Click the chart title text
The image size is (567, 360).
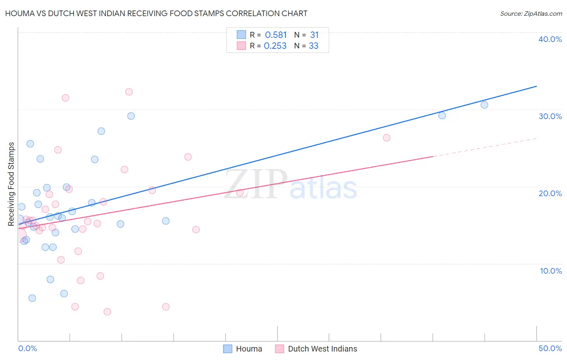pyautogui.click(x=156, y=14)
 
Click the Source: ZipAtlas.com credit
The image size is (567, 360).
pyautogui.click(x=531, y=14)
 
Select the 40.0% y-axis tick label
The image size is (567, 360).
pyautogui.click(x=550, y=39)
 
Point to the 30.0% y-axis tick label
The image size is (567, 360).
pyautogui.click(x=550, y=116)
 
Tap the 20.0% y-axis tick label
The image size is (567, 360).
pyautogui.click(x=550, y=193)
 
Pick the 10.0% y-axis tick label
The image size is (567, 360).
pyautogui.click(x=551, y=271)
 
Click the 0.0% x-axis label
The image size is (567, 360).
pyautogui.click(x=27, y=348)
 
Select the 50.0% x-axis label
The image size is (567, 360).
pyautogui.click(x=550, y=348)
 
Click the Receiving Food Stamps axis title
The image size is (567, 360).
pyautogui.click(x=11, y=184)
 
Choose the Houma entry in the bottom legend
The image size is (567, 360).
pyautogui.click(x=243, y=349)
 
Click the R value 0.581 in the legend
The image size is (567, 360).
pyautogui.click(x=276, y=35)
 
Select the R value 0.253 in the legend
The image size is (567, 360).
pyautogui.click(x=275, y=46)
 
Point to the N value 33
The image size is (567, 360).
pyautogui.click(x=313, y=46)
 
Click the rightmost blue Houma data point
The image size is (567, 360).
pyautogui.click(x=484, y=105)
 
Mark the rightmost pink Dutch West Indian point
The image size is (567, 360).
pyautogui.click(x=386, y=138)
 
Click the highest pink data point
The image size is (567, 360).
pyautogui.click(x=129, y=92)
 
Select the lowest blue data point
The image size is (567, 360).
pyautogui.click(x=32, y=298)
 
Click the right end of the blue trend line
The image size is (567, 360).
pyautogui.click(x=536, y=86)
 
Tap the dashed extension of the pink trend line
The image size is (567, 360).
pyautogui.click(x=484, y=147)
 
